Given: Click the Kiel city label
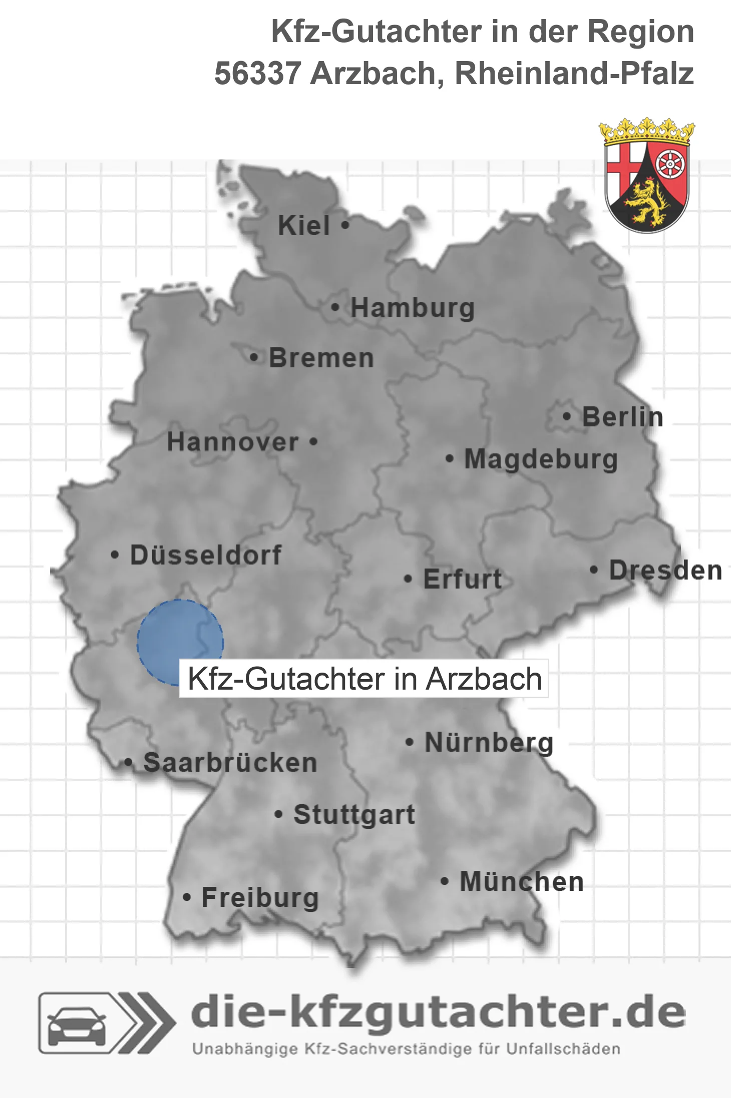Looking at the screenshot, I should coord(304,226).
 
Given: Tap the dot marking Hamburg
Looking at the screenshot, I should coord(335,308).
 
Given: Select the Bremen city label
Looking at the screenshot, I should coord(321,358).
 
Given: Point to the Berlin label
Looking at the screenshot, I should coord(622,417).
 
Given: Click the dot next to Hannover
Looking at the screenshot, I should coord(313,442).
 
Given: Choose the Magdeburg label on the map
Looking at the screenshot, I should coord(541,459).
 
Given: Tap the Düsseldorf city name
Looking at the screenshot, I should coord(206,555).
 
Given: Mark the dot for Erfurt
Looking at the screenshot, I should coord(408,579).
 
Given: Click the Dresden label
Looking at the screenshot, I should coord(665,570).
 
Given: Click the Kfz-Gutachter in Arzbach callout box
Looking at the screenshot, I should coord(364,679).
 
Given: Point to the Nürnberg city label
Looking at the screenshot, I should coord(489,742).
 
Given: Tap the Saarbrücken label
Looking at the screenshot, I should coord(230,763).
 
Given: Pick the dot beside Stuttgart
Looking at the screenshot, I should coord(279,814).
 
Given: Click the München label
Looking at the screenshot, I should coord(522,881).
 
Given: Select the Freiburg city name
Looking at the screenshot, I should coord(260,897).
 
